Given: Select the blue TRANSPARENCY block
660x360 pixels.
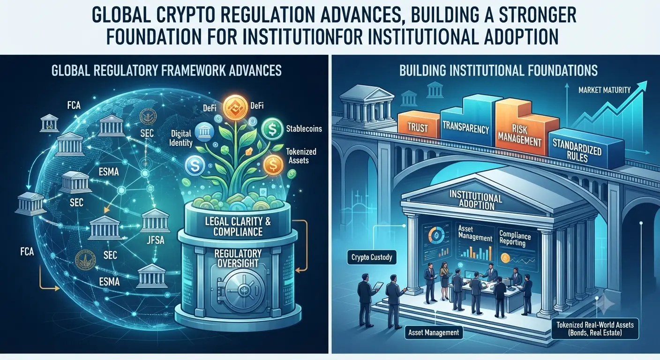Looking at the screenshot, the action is coord(466,124).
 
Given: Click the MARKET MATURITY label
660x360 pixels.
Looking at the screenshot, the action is coord(604,90).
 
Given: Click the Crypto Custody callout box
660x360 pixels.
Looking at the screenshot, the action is coord(372,257).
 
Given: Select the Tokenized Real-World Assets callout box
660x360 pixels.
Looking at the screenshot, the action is coord(595,329).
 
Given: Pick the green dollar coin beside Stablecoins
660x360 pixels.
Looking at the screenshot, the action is coord(272,129).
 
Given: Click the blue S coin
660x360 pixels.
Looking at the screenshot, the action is coord(195,165).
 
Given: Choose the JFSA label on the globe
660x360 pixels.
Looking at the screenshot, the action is coord(155,240).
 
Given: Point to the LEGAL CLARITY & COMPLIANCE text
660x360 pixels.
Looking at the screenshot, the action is coord(238,226).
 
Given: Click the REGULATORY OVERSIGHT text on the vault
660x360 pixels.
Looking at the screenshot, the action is coord(238,258).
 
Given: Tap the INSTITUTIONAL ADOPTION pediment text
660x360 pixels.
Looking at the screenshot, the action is coord(476,200).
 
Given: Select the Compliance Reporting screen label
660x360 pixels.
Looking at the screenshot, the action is coord(515,239).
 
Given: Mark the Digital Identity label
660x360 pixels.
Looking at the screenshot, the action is coord(182,138).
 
